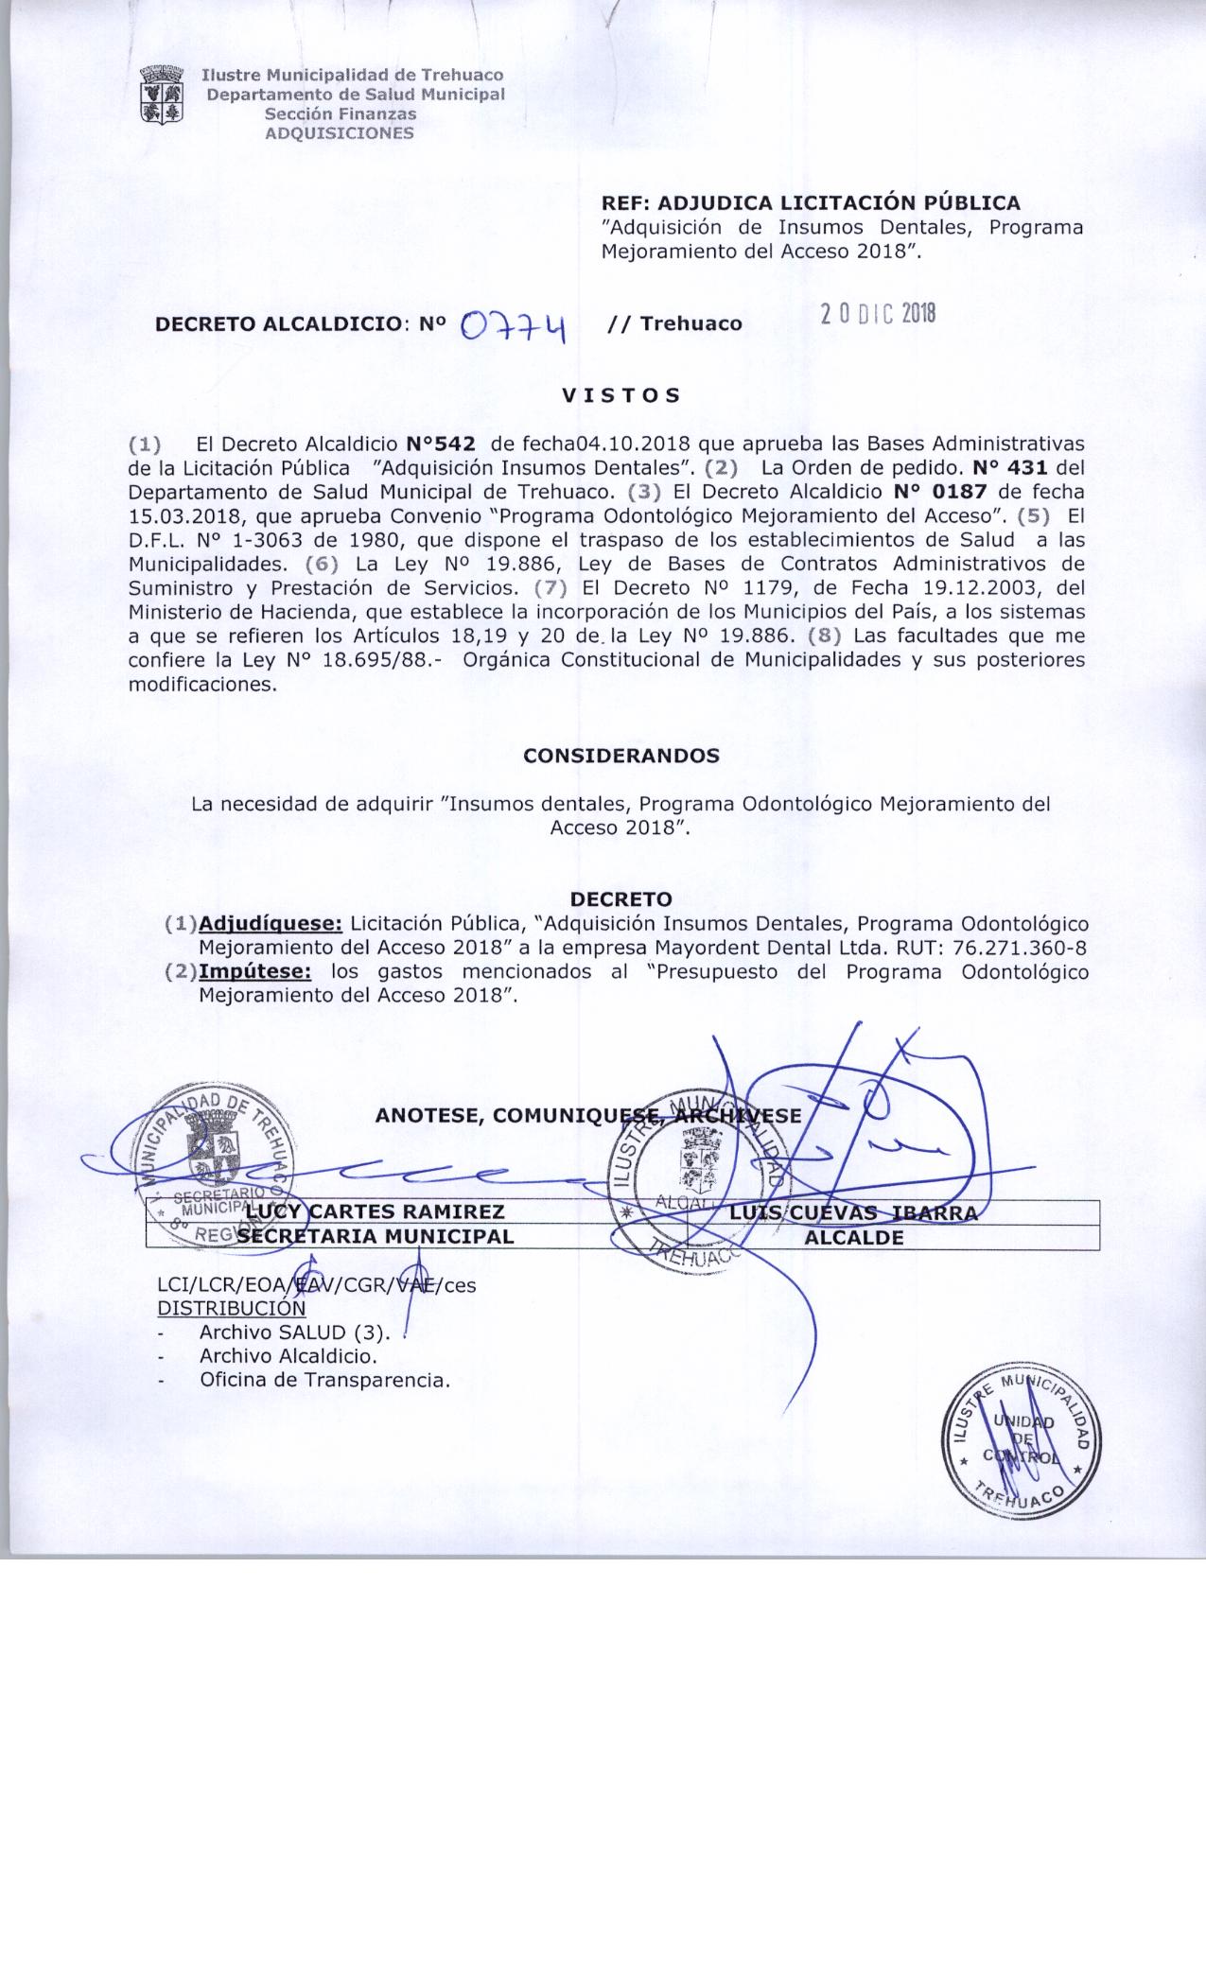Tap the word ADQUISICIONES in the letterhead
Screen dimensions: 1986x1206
pos(340,133)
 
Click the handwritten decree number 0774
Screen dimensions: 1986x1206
pos(512,326)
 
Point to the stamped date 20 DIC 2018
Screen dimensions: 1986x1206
pos(877,315)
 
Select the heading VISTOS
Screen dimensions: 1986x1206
pos(621,395)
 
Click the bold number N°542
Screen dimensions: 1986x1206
pos(439,444)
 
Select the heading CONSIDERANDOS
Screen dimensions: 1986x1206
pos(621,757)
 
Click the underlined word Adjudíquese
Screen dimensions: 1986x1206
pos(271,923)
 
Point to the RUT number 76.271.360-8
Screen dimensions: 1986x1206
pos(1013,948)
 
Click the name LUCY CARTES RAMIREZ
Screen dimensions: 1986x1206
pos(376,1211)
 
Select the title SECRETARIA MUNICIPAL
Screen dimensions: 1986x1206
pos(376,1236)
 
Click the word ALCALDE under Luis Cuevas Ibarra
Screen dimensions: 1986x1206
pos(854,1237)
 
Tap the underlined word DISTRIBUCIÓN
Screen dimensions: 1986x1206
pos(232,1309)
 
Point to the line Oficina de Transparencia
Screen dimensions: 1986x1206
pos(324,1380)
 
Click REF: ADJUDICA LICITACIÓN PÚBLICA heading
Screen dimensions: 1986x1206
pos(812,202)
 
